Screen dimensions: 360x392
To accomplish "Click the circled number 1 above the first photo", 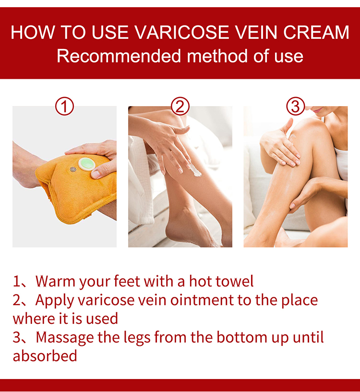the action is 64,106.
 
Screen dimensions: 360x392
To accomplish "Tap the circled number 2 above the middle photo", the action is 180,106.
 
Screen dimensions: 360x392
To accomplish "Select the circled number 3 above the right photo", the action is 296,106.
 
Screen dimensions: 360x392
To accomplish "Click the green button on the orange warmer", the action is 87,164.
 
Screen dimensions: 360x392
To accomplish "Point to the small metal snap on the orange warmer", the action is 73,170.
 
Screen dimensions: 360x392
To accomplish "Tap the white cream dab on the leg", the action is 194,171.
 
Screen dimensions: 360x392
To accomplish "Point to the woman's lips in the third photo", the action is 318,110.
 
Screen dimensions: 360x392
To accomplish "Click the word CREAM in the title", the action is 316,32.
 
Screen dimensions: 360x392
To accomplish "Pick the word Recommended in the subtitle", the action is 119,56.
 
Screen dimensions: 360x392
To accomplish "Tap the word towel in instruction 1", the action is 235,281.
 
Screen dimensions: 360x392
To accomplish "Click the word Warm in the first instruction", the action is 55,281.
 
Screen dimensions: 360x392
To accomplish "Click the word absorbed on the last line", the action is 45,355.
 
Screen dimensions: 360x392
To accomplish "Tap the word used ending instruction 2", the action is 102,318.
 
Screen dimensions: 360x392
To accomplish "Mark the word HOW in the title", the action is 33,32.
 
